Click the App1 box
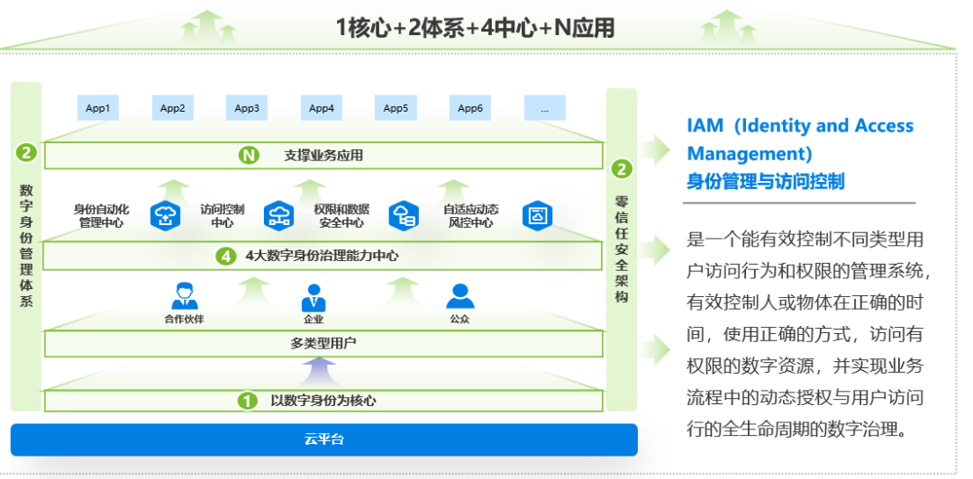pyautogui.click(x=97, y=108)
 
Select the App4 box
pyautogui.click(x=322, y=108)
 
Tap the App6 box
pyautogui.click(x=470, y=108)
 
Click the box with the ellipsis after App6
pyautogui.click(x=544, y=108)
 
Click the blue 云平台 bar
pyautogui.click(x=324, y=439)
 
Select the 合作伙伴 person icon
pyautogui.click(x=184, y=296)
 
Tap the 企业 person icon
pyautogui.click(x=314, y=296)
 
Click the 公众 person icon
pyautogui.click(x=459, y=296)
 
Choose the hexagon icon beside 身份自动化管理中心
pyautogui.click(x=166, y=215)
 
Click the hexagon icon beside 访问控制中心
pyautogui.click(x=278, y=215)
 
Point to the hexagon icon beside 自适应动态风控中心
pyautogui.click(x=538, y=215)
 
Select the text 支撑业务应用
pyautogui.click(x=323, y=156)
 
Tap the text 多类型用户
pyautogui.click(x=323, y=343)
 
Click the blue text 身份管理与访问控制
pyautogui.click(x=766, y=181)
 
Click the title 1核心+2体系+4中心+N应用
pyautogui.click(x=475, y=28)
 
